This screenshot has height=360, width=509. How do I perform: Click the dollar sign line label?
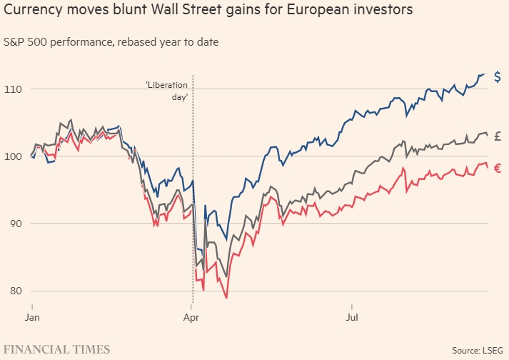tap(498, 76)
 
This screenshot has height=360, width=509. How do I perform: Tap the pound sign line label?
tap(498, 136)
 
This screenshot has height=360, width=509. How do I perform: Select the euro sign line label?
tap(498, 169)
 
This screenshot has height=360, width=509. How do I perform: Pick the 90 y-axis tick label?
tap(15, 224)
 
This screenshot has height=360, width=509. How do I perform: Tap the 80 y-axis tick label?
tap(15, 291)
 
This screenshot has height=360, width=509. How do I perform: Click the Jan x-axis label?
tap(32, 315)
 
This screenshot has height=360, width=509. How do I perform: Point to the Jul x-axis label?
tap(352, 315)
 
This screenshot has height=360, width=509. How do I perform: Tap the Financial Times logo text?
tap(57, 349)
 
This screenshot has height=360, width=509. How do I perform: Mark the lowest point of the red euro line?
tap(226, 298)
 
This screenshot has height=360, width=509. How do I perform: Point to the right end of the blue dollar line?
tap(484, 74)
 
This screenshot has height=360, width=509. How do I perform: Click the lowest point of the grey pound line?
tap(226, 277)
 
